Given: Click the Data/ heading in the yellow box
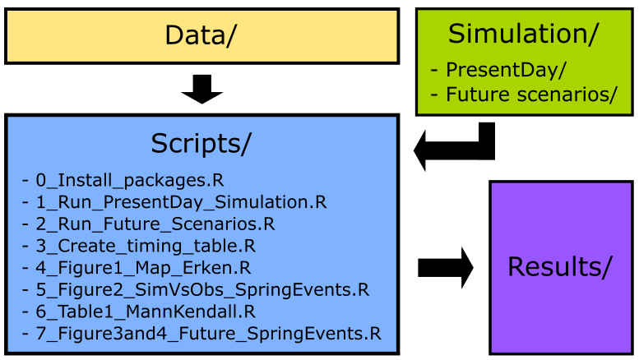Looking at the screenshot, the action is click(201, 35).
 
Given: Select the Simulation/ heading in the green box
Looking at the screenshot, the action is click(523, 34).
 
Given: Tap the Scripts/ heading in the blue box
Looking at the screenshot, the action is click(201, 144).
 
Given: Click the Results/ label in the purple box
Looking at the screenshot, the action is click(560, 267).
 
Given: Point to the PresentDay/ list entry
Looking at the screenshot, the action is click(506, 70).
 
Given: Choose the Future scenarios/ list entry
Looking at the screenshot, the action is click(532, 95).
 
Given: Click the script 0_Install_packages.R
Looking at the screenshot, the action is click(130, 180).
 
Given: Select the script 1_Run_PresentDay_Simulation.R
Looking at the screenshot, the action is click(182, 202).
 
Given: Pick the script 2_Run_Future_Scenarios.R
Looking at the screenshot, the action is click(155, 224).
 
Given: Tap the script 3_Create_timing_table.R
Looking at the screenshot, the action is click(146, 246).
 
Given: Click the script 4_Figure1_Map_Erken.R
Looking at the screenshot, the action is click(143, 268).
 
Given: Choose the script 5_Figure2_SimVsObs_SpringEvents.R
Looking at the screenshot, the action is click(202, 289).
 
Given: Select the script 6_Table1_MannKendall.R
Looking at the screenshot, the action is click(146, 312).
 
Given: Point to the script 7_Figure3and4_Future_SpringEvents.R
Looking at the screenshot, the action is click(209, 334).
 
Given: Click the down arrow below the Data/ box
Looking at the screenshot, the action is click(202, 90).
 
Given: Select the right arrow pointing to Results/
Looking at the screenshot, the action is click(446, 268).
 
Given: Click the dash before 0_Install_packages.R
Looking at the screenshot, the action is click(25, 180).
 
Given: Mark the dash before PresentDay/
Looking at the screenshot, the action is click(434, 70).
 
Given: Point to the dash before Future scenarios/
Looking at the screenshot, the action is click(434, 95).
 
